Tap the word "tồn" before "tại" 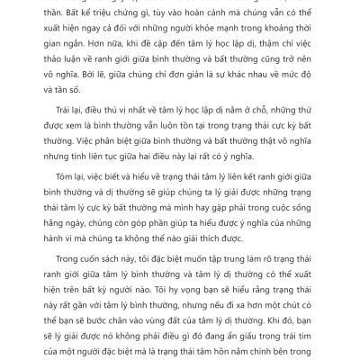[x=178, y=168]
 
